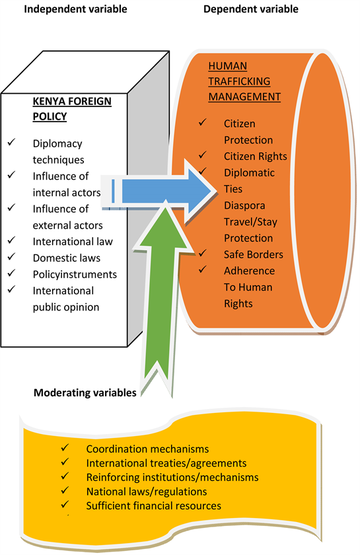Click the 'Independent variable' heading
[75, 9]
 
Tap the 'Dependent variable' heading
[250, 9]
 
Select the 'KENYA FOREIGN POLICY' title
[72, 108]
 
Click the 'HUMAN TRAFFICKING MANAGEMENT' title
[244, 81]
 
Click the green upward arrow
[161, 297]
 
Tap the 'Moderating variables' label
[85, 392]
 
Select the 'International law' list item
[73, 241]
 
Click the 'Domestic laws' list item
[67, 258]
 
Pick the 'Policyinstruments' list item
[75, 274]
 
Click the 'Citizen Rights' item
[255, 156]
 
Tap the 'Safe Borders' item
[254, 254]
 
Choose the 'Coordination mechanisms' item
[147, 449]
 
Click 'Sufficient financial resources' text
[154, 505]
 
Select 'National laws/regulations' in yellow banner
[147, 492]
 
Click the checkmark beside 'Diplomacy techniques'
[12, 142]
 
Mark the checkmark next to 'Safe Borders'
[203, 252]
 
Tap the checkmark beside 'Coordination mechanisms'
[65, 447]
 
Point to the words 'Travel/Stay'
[250, 222]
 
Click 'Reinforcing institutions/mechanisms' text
[172, 477]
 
